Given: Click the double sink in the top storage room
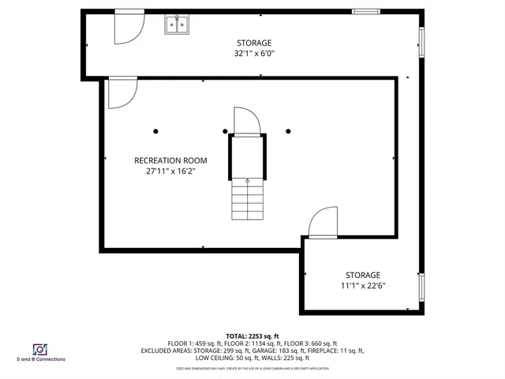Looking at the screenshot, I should pyautogui.click(x=178, y=26).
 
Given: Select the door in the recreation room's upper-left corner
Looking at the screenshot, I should pyautogui.click(x=120, y=92).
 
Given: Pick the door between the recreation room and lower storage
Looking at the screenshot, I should pyautogui.click(x=323, y=223).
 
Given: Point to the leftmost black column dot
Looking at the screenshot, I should pyautogui.click(x=156, y=131).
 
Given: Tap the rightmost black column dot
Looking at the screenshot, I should pyautogui.click(x=290, y=131).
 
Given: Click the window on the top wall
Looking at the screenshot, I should pyautogui.click(x=365, y=11).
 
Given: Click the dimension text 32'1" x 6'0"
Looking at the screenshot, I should pyautogui.click(x=255, y=54).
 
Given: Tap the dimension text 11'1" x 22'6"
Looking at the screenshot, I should pyautogui.click(x=363, y=286).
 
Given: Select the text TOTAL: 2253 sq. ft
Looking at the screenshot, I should pyautogui.click(x=252, y=336).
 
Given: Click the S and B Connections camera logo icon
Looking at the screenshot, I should pyautogui.click(x=39, y=348).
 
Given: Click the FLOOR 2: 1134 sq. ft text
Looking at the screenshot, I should pyautogui.click(x=237, y=343).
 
